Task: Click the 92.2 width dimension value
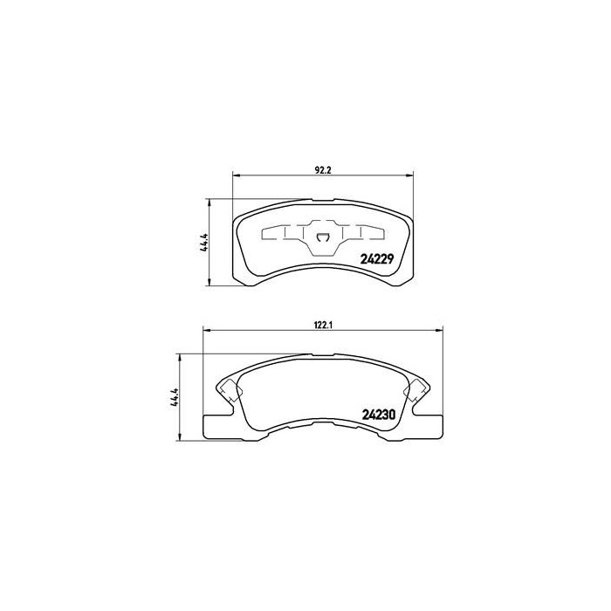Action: tap(323, 170)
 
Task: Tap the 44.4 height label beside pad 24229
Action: tap(204, 244)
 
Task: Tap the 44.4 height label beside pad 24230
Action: tap(174, 398)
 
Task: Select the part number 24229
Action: tap(377, 258)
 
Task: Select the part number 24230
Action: tap(379, 415)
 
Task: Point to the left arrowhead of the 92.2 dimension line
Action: tap(236, 175)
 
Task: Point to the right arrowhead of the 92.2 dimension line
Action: tap(409, 175)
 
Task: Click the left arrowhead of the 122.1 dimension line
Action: tap(207, 331)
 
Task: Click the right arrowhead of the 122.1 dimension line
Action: tap(440, 331)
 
